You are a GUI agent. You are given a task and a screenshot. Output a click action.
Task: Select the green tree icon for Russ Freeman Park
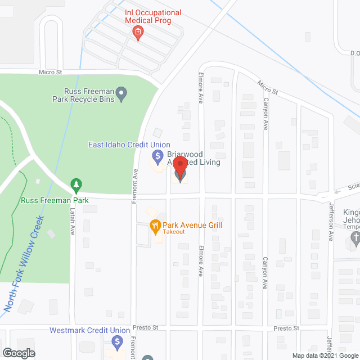point(75,184)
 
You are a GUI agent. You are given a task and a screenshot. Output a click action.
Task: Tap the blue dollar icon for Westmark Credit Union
point(117,341)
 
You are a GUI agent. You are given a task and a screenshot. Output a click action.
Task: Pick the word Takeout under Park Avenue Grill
point(174,232)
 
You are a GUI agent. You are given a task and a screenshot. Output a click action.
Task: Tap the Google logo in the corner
point(18,353)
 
